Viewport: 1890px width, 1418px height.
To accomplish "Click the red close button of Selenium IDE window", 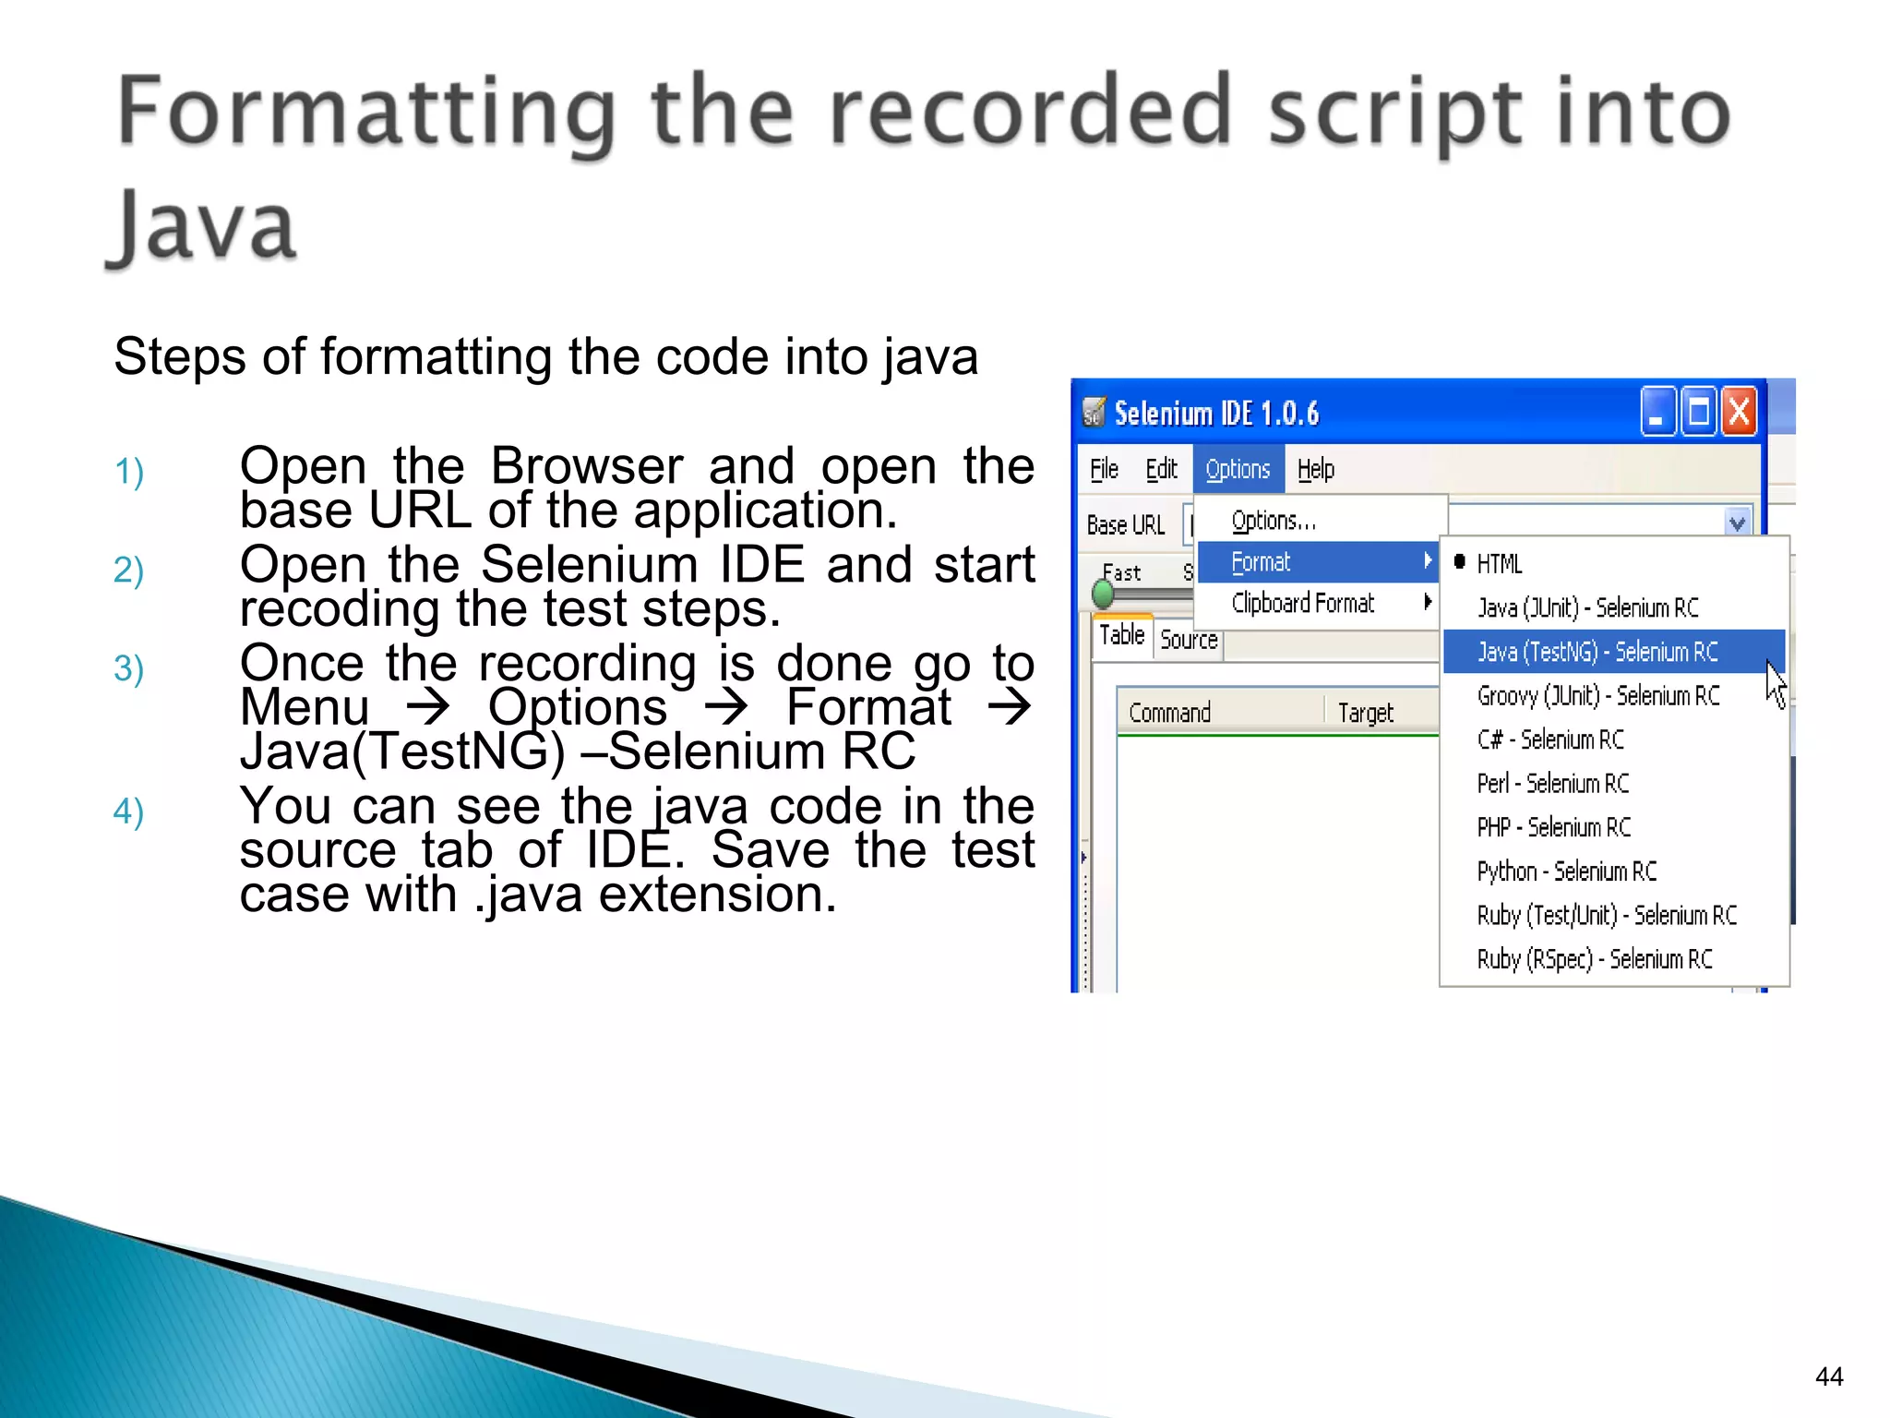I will point(1739,412).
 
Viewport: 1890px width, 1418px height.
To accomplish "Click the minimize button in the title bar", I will point(1657,412).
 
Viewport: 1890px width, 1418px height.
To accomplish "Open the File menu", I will point(1104,469).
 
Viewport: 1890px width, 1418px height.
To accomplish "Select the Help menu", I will point(1315,469).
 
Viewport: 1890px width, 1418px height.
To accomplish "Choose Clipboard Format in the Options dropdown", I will point(1303,603).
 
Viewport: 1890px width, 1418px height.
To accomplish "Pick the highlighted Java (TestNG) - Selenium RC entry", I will point(1597,652).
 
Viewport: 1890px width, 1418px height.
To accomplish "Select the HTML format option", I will point(1499,563).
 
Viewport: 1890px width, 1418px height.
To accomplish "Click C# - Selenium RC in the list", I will point(1550,739).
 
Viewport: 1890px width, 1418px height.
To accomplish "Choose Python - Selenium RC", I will point(1566,871).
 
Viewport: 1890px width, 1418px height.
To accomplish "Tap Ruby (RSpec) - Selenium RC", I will point(1594,959).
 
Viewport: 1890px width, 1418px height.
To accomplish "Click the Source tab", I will point(1189,640).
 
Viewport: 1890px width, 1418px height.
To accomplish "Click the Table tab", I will point(1121,635).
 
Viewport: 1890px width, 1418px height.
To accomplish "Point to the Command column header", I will point(1169,713).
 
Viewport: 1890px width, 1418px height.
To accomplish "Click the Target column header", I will point(1365,713).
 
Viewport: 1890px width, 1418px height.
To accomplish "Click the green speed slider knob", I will point(1103,595).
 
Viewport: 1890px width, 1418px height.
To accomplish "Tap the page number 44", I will point(1828,1376).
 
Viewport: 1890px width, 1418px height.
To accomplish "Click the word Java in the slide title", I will point(203,226).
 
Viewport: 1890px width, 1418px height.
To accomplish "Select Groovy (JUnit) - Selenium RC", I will point(1597,695).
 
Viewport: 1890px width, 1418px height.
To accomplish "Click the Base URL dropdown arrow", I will point(1737,523).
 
